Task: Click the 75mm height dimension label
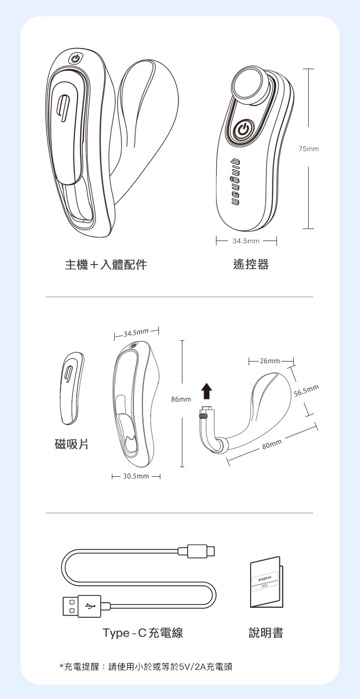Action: (x=308, y=149)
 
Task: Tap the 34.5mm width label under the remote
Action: (x=246, y=241)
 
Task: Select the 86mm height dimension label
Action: (x=181, y=399)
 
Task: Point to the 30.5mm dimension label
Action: (x=136, y=477)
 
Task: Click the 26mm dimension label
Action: (x=270, y=361)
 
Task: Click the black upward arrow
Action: (x=206, y=391)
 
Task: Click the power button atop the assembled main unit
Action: (x=75, y=59)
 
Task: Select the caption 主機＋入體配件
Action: (x=106, y=265)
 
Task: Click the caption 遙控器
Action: (x=251, y=265)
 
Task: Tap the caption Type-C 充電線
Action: (x=143, y=633)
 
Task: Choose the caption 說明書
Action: (x=266, y=633)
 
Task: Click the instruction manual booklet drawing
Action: (x=266, y=582)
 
